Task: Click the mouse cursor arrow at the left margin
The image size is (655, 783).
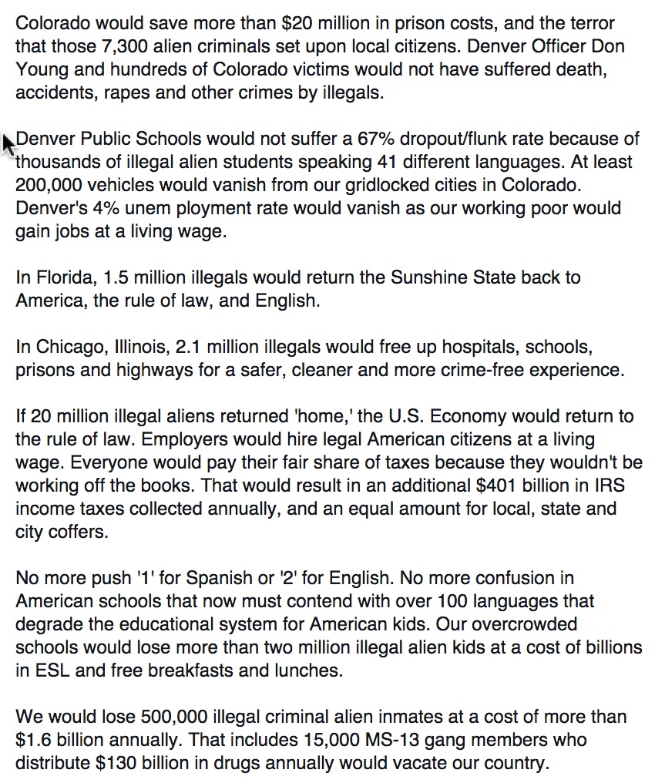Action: (x=8, y=143)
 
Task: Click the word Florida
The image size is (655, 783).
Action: (x=66, y=277)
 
